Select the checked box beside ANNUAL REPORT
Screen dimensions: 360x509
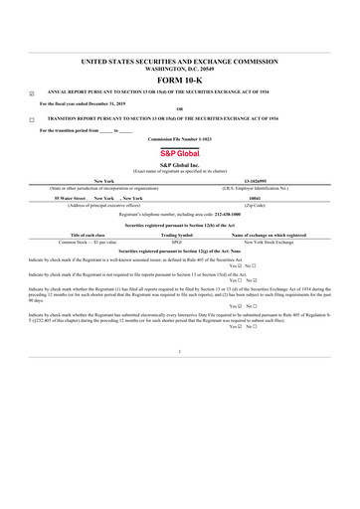click(x=33, y=94)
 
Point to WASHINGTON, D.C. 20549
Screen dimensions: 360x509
click(x=180, y=69)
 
